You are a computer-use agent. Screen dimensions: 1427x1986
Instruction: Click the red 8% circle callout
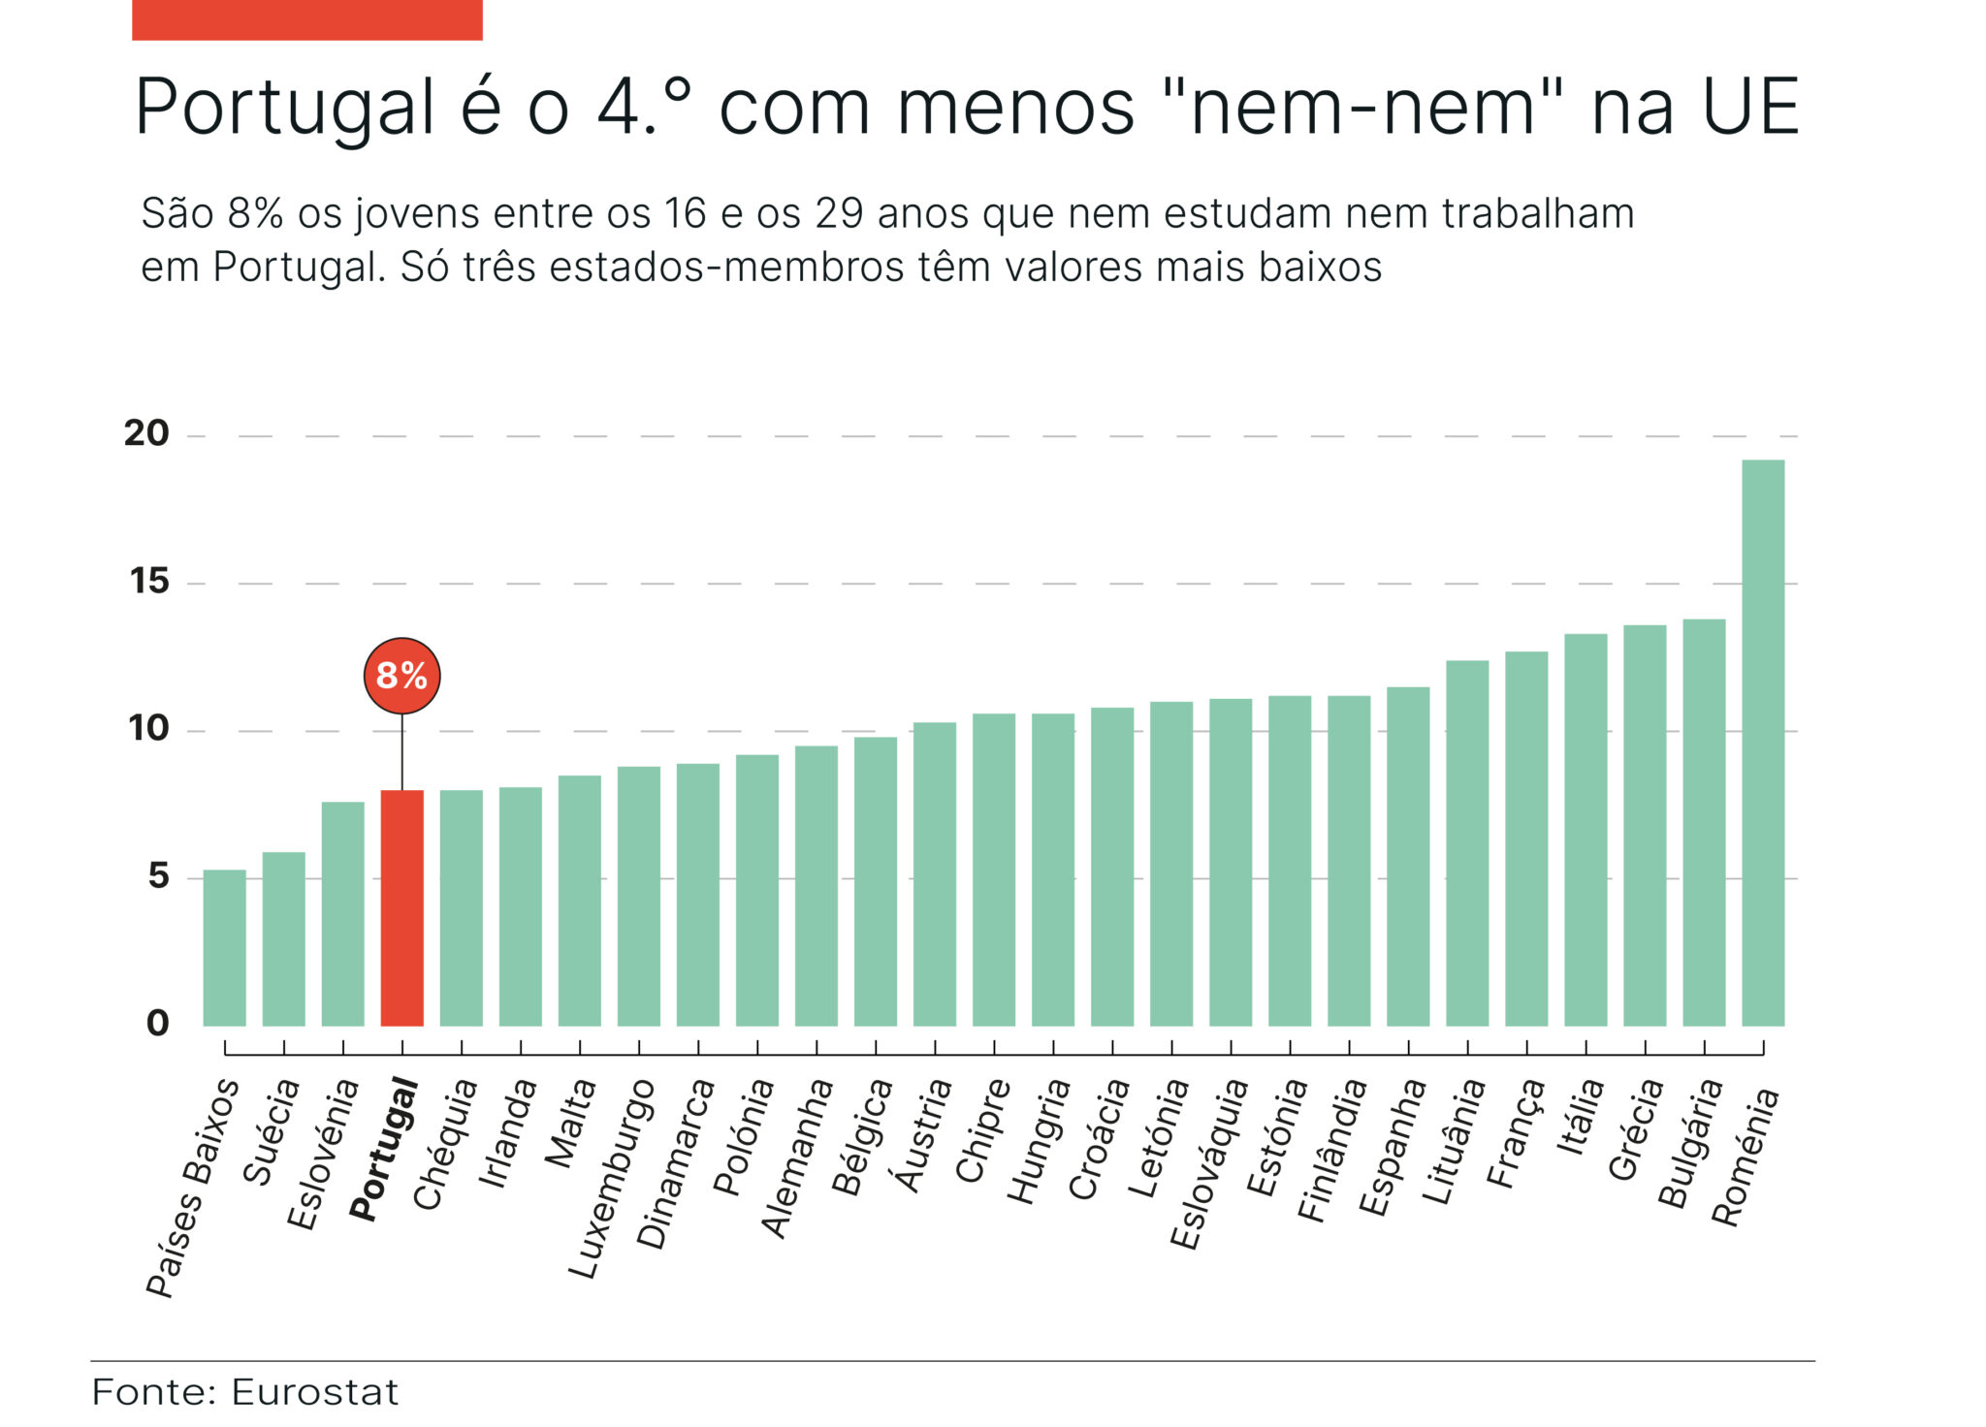(x=401, y=676)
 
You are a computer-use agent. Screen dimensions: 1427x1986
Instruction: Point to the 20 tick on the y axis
(x=146, y=433)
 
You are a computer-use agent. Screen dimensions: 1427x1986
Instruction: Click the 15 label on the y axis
(x=148, y=582)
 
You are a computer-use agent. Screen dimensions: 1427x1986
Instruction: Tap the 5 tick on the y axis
(x=158, y=876)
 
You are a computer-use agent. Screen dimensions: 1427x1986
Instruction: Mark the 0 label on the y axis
(x=157, y=1023)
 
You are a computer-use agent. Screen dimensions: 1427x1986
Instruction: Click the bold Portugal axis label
(x=384, y=1150)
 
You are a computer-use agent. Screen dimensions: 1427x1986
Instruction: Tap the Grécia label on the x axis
(x=1635, y=1129)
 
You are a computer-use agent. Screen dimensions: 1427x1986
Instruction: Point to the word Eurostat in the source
(x=314, y=1393)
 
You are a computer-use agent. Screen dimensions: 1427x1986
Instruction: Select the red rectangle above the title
(x=306, y=19)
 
